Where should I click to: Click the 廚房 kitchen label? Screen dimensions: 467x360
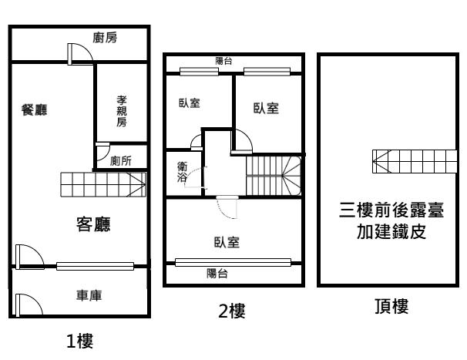[x=105, y=38]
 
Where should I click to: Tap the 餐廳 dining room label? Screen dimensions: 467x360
[x=34, y=109]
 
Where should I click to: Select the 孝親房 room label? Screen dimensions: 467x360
[x=122, y=111]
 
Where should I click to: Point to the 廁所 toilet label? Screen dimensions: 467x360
[x=121, y=161]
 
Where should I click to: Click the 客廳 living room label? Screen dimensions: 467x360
[x=93, y=224]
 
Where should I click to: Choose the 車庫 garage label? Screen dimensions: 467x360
[x=89, y=295]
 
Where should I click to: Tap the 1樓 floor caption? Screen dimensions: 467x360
[x=80, y=341]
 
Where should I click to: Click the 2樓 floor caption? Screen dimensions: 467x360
[x=232, y=311]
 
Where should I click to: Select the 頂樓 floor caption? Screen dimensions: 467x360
[x=391, y=306]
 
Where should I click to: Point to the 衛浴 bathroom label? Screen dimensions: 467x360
[x=182, y=171]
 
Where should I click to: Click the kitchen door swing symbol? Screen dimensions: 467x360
[x=80, y=54]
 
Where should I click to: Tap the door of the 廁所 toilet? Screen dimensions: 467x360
[x=102, y=152]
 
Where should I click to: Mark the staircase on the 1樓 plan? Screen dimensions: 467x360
[x=103, y=184]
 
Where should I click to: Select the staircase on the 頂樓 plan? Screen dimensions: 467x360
[x=415, y=161]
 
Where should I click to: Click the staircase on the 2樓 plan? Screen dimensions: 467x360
[x=274, y=176]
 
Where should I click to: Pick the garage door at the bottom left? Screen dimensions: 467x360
[x=29, y=304]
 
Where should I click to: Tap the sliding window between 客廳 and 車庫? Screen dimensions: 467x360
[x=96, y=266]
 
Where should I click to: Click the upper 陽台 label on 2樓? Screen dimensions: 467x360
[x=223, y=61]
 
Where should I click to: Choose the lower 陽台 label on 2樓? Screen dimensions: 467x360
[x=217, y=274]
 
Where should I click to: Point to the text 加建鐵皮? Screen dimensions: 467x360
[x=391, y=231]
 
